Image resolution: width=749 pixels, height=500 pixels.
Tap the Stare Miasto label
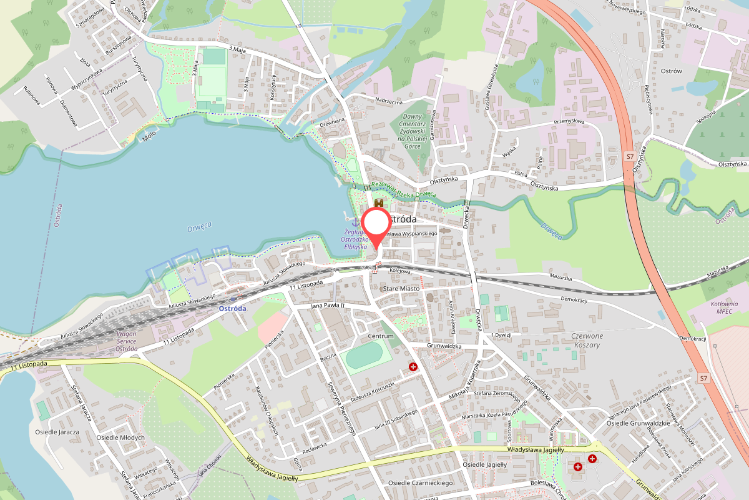pos(401,289)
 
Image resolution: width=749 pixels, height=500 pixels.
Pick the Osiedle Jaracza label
pos(57,432)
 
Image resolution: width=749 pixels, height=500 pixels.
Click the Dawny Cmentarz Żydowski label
pos(421,131)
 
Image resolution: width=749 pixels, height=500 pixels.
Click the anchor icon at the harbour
pos(356,221)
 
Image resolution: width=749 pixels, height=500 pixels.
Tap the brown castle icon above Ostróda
pos(379,203)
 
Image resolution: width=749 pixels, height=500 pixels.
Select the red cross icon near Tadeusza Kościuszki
pos(413,367)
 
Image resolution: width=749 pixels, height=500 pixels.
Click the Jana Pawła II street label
pos(328,305)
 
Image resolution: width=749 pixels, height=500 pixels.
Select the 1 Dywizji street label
pos(501,335)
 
